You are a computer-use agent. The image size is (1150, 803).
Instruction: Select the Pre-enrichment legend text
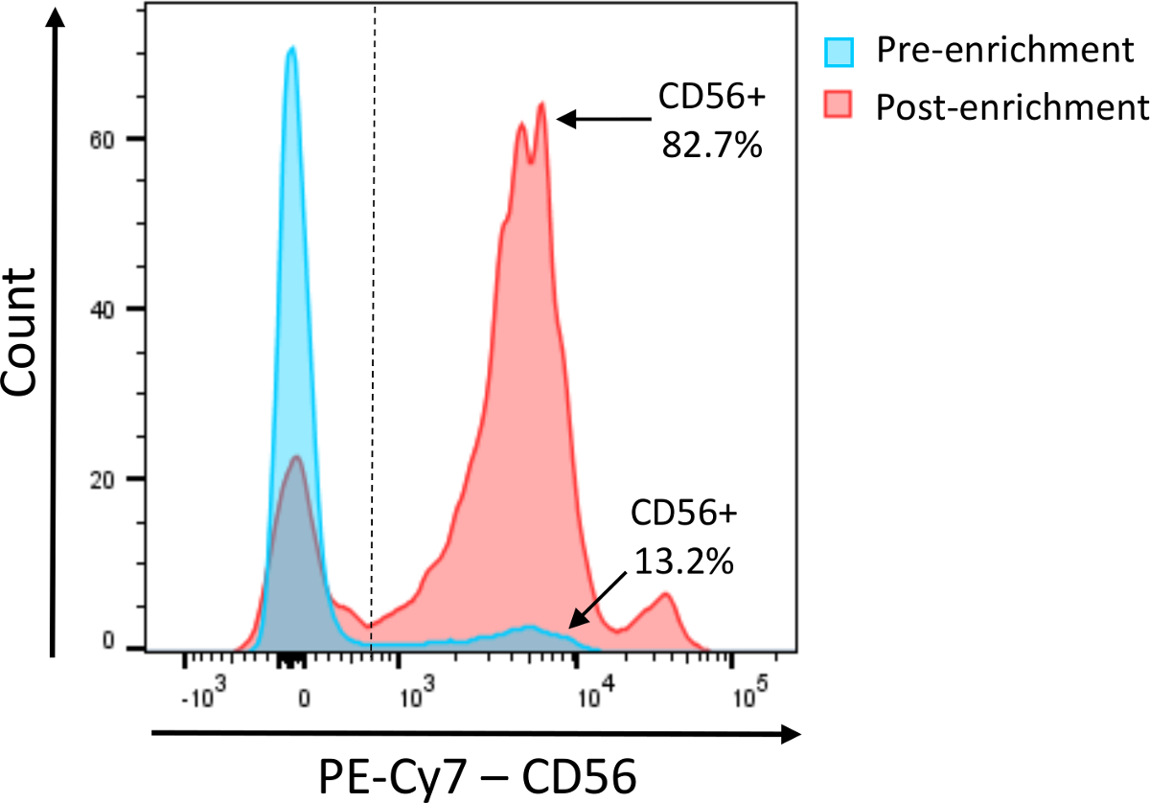(x=1004, y=51)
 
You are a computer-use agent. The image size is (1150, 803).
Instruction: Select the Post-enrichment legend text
(x=1012, y=107)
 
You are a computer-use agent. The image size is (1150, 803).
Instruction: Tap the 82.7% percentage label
(x=710, y=149)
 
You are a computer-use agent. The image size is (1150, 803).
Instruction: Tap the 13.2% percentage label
(x=683, y=562)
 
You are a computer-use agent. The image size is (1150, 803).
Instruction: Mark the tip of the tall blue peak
(x=291, y=47)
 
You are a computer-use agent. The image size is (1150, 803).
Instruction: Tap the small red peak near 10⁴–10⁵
(x=664, y=596)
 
